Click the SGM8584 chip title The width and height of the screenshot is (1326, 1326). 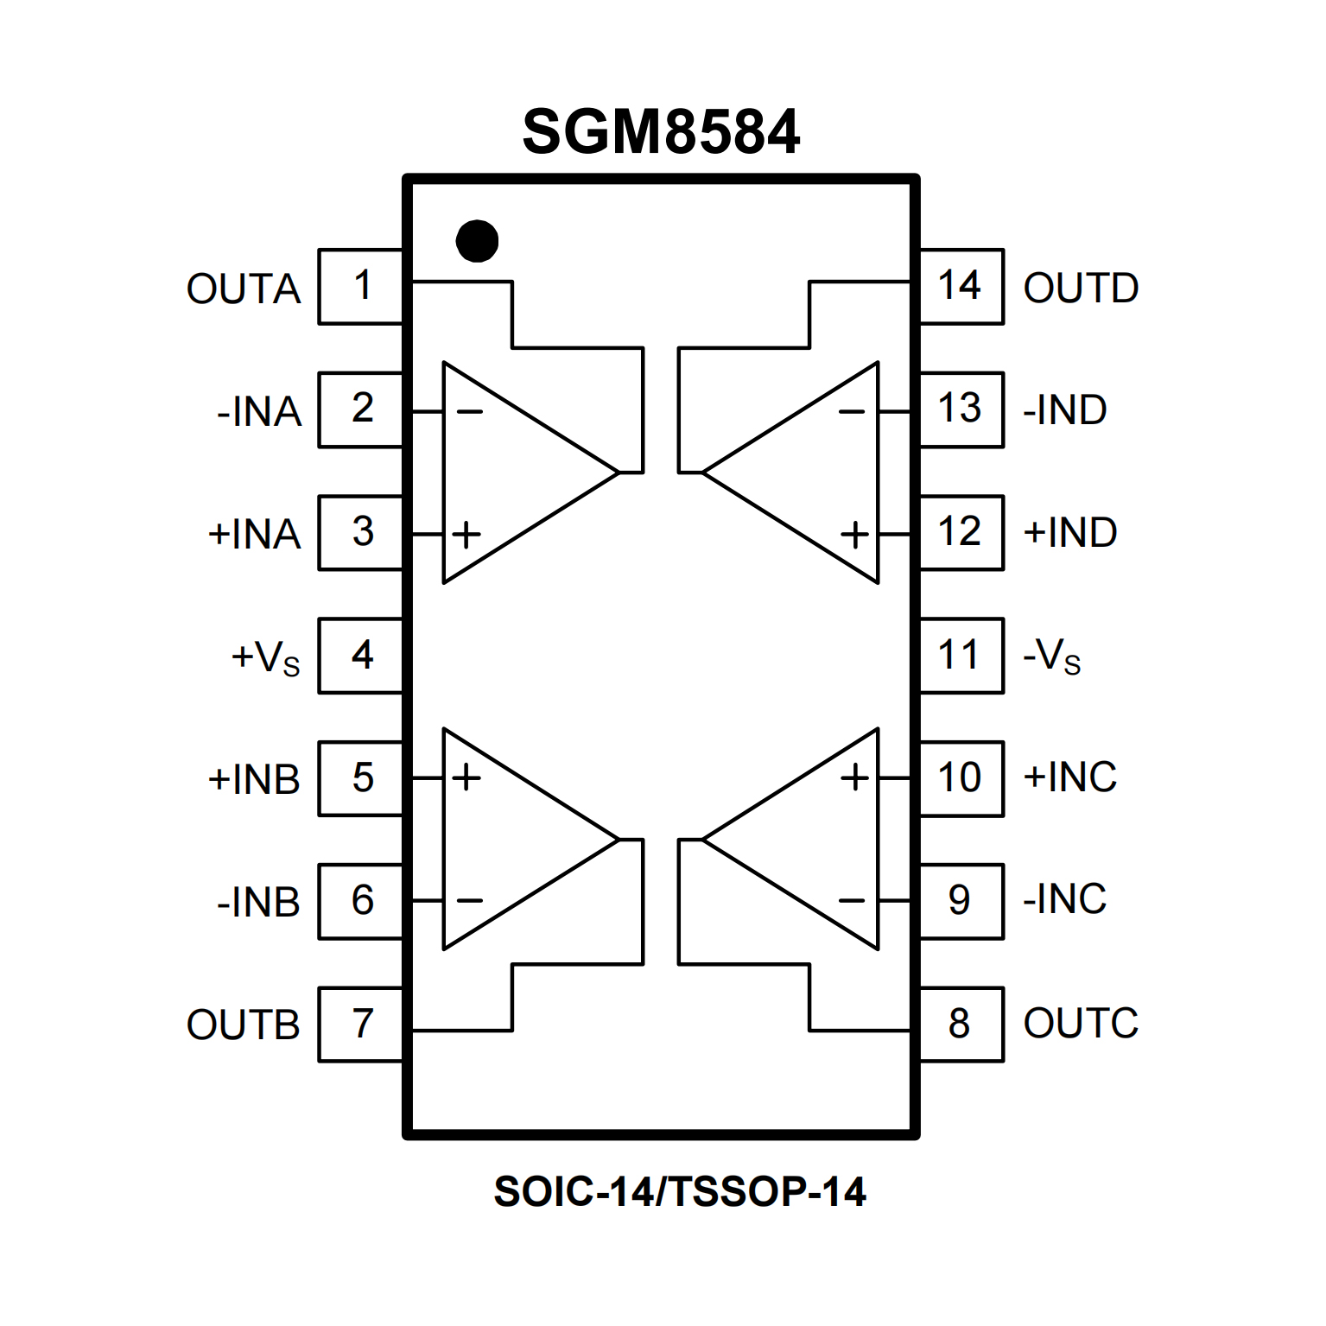click(x=661, y=132)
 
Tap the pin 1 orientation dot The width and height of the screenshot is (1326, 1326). click(x=477, y=241)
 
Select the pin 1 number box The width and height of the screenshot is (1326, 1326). click(x=361, y=287)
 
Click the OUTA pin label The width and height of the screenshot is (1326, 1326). click(x=244, y=289)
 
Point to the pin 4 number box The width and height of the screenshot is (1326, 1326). click(x=361, y=656)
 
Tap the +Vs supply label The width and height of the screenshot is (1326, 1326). click(x=265, y=657)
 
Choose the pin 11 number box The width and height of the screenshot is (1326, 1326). click(x=961, y=656)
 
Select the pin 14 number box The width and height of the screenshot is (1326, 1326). click(x=961, y=287)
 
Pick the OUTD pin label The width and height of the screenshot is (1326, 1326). click(x=1081, y=289)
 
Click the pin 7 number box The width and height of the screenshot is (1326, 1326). click(x=361, y=1025)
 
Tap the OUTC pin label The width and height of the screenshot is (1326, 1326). click(x=1081, y=1024)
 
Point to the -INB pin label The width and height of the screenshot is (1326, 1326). click(x=258, y=902)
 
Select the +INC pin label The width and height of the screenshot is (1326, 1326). click(x=1069, y=777)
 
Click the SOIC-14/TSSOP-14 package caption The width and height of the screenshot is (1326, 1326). click(x=680, y=1192)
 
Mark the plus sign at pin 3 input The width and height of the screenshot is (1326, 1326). click(x=466, y=535)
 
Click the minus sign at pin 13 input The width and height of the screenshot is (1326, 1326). click(x=852, y=412)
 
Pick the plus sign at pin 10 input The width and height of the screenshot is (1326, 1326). click(x=855, y=777)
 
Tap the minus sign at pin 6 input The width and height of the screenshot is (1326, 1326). click(x=469, y=901)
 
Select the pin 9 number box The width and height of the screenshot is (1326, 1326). click(x=961, y=901)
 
